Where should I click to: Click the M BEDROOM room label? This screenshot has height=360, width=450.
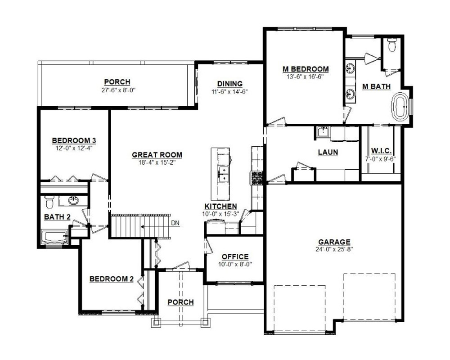[x=306, y=69]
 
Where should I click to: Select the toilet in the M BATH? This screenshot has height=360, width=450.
[x=391, y=45]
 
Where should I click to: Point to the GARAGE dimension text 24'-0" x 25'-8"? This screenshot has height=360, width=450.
[x=334, y=249]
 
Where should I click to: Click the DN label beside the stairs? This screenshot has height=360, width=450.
[x=175, y=223]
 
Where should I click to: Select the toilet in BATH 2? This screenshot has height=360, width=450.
[x=49, y=202]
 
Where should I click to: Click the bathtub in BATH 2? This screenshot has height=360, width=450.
[x=55, y=237]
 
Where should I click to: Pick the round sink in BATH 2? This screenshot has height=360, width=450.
[x=73, y=200]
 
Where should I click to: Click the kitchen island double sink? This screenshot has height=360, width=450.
[x=223, y=174]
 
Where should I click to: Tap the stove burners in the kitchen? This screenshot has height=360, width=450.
[x=257, y=178]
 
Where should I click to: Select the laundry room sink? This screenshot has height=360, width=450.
[x=323, y=132]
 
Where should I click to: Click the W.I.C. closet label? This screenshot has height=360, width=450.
[x=381, y=151]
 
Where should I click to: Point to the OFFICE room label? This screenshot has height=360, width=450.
[x=235, y=256]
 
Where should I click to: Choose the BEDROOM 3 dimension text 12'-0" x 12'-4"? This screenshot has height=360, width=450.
[x=74, y=148]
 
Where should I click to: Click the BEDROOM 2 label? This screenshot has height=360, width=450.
[x=111, y=279]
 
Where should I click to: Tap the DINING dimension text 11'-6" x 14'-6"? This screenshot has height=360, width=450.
[x=229, y=92]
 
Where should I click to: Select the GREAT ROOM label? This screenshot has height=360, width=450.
[x=157, y=155]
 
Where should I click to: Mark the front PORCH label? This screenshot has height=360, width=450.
[x=180, y=302]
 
